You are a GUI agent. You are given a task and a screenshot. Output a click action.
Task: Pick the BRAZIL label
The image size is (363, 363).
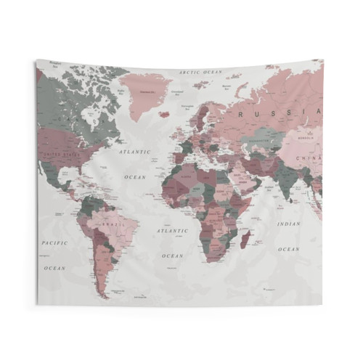click(111, 226)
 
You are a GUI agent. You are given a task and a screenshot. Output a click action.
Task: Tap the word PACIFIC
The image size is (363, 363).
click(54, 242)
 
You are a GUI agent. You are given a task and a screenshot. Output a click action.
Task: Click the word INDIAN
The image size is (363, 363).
click(288, 224)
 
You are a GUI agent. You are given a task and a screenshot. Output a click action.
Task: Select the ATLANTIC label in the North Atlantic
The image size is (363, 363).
click(136, 152)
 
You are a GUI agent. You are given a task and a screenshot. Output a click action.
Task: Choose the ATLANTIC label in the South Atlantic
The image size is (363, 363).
click(172, 231)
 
